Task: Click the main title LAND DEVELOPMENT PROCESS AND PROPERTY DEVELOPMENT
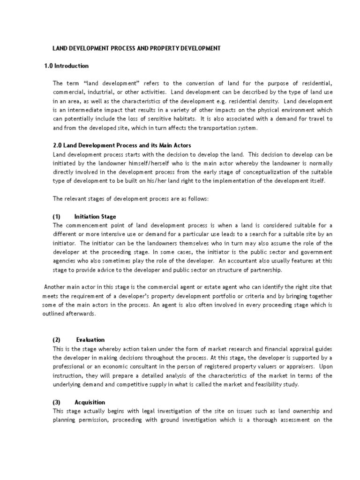pos(136,48)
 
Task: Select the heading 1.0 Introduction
pos(66,66)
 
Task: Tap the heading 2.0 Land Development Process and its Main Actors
pos(122,146)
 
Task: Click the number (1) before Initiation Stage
pos(57,217)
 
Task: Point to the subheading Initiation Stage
pos(95,217)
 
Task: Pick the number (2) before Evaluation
pos(57,339)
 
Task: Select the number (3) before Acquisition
pos(57,402)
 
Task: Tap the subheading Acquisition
pos(90,402)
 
